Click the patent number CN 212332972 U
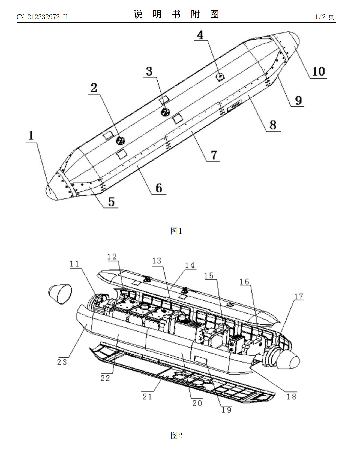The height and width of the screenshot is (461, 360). pos(42,17)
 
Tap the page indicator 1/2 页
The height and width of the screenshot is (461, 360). pos(325,17)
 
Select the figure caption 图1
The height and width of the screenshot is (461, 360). pos(176,231)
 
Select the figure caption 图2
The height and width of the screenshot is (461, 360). pos(176,435)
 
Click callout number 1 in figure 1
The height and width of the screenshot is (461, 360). pos(31,135)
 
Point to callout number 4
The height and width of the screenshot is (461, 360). pos(200,35)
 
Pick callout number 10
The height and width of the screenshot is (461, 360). pos(318,71)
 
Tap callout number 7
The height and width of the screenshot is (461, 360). pos(214,155)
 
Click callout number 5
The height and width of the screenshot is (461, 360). pos(111,202)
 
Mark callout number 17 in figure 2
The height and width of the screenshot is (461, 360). pos(299,296)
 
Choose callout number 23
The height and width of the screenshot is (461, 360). pos(62,362)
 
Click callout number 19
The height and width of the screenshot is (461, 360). pos(226,410)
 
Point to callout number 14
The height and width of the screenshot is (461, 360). pos(190,265)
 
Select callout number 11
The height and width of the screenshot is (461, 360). pos(74,264)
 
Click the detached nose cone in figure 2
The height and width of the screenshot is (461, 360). pos(60,294)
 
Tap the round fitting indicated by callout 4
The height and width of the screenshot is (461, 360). pos(220,77)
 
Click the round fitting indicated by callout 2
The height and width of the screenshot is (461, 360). pos(120,141)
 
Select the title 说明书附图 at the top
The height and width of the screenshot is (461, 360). pos(176,14)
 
